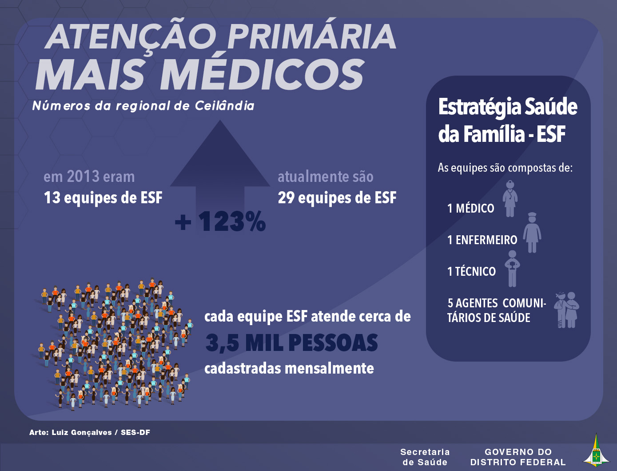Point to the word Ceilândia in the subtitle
coord(225,106)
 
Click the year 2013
coord(83,177)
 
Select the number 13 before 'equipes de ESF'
coord(52,197)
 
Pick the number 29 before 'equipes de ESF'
coord(286,197)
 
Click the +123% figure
coord(220,222)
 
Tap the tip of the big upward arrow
coord(220,121)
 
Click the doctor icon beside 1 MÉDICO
coord(510,199)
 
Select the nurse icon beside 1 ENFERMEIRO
coord(532,233)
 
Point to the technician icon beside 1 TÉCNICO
coord(512,269)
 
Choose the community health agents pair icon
coord(567,310)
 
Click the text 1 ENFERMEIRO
coord(482,240)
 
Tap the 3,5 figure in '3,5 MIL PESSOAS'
coord(222,343)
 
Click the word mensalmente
coord(330,368)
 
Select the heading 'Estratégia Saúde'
coord(508,107)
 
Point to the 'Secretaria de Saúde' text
coord(425,457)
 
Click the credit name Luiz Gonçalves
coord(82,432)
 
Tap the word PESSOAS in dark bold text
coord(333,343)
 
